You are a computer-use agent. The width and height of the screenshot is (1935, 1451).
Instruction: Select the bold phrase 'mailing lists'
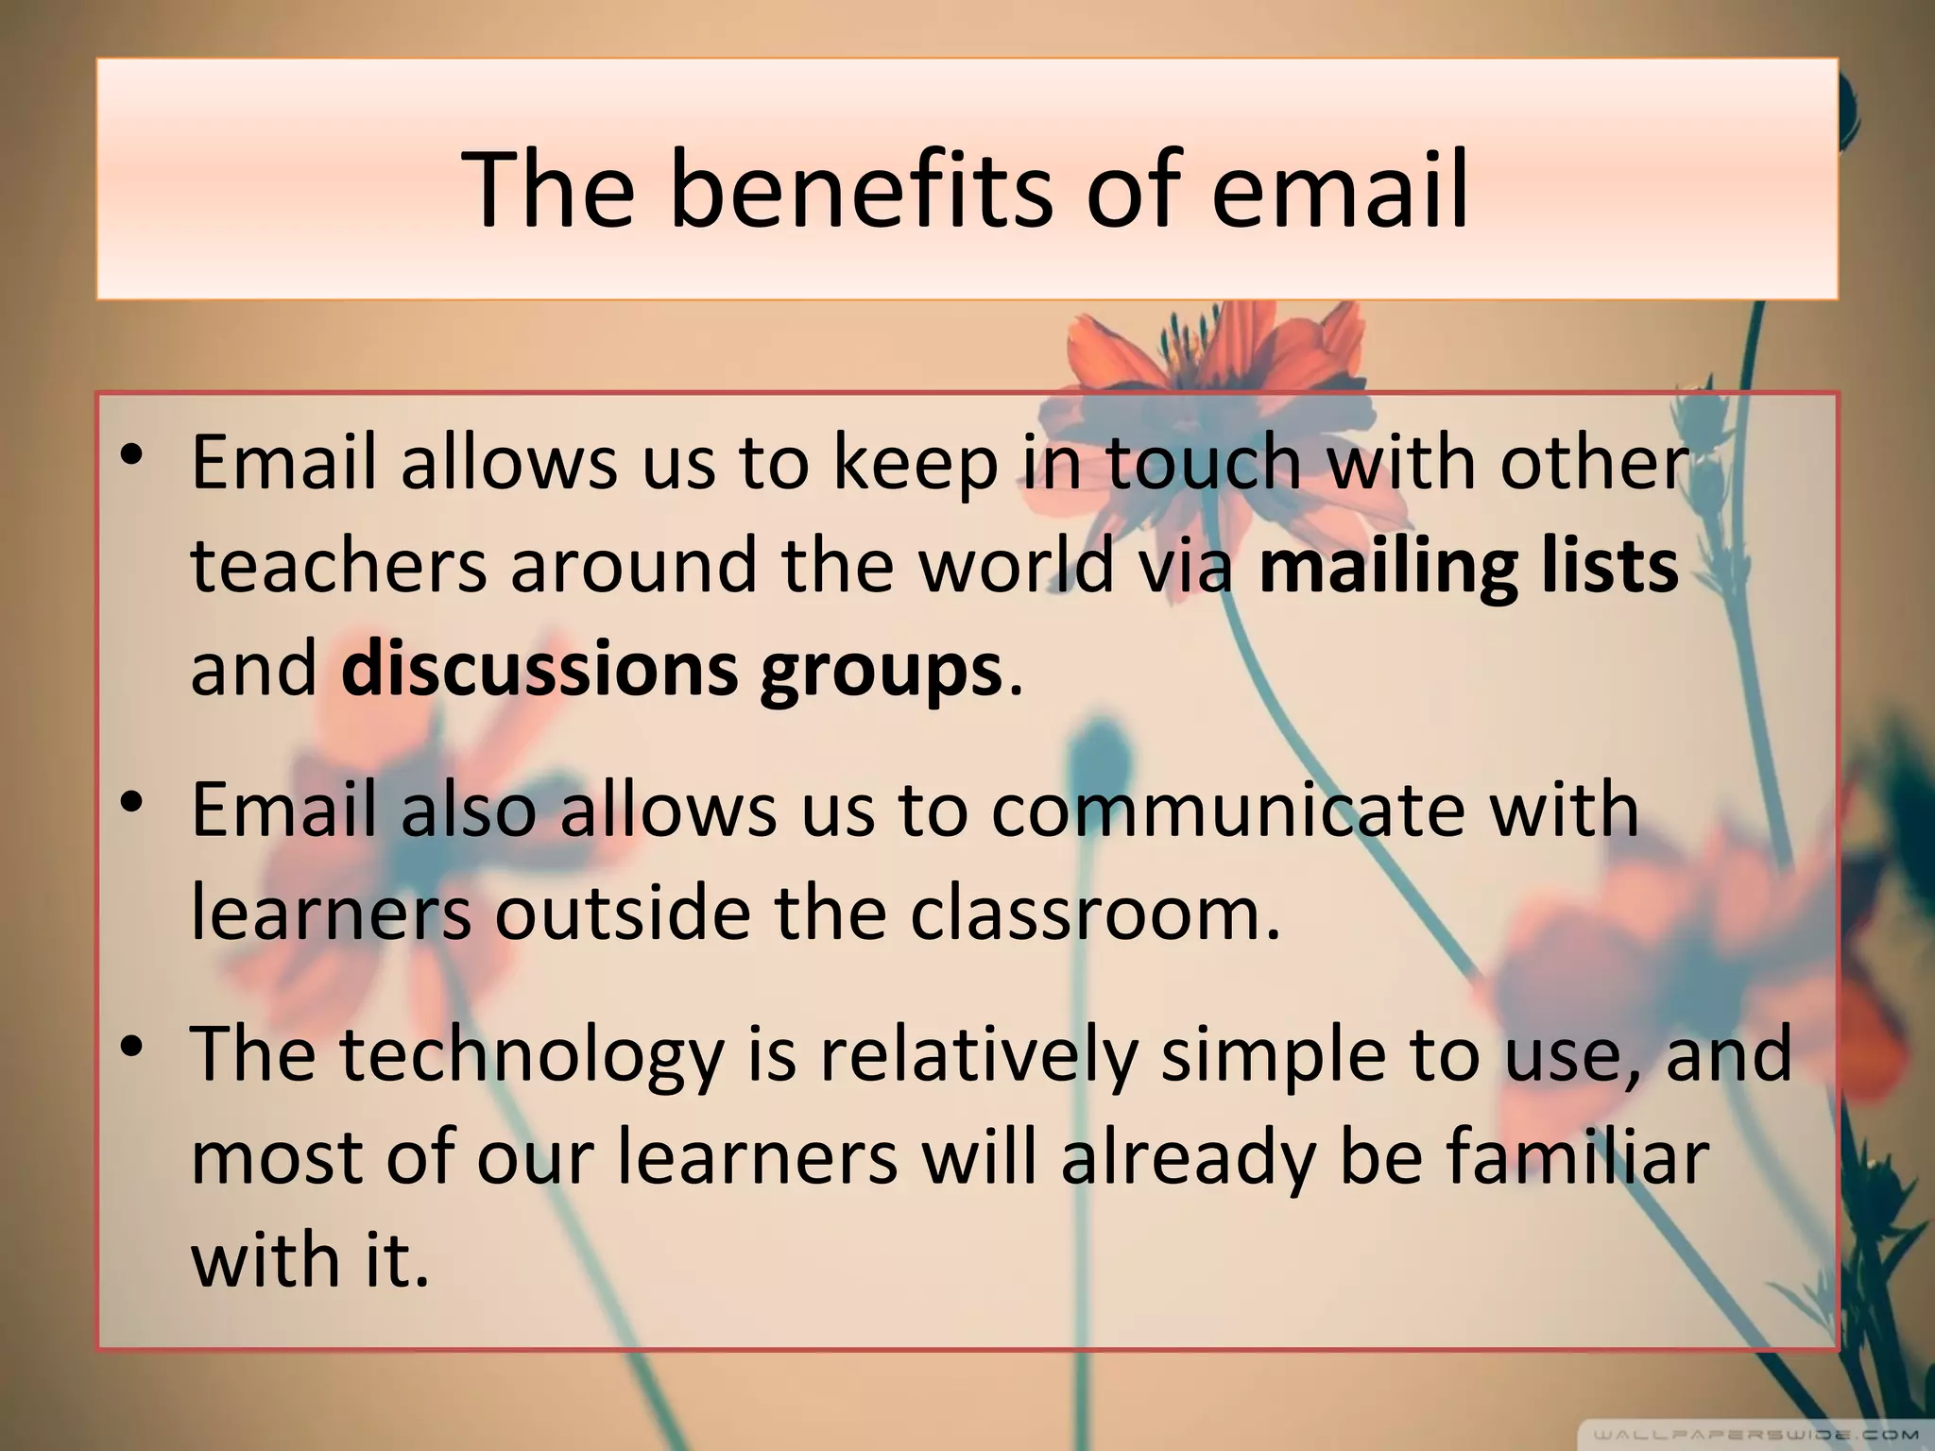point(1469,566)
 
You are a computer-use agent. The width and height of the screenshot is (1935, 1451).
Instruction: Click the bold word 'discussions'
point(539,669)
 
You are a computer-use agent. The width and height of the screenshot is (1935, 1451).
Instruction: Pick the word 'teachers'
point(338,566)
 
